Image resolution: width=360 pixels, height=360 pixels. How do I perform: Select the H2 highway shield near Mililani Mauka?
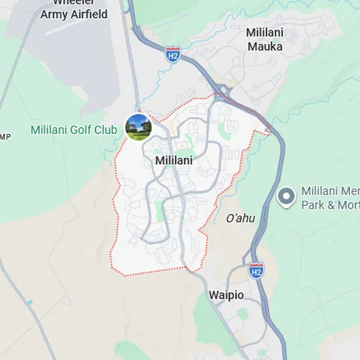(x=172, y=55)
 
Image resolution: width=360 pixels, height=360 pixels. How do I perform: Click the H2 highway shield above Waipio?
(x=256, y=271)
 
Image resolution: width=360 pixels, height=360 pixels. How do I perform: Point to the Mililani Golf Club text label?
(x=74, y=130)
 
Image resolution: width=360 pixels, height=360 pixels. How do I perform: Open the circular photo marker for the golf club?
(x=138, y=127)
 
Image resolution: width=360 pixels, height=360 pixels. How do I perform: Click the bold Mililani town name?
(x=174, y=161)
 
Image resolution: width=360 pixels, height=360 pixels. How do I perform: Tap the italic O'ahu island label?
(x=240, y=218)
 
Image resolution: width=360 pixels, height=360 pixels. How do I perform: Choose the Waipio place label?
(x=228, y=296)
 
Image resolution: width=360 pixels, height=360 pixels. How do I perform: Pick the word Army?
(x=54, y=14)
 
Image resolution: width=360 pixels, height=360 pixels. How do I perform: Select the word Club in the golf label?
(x=105, y=130)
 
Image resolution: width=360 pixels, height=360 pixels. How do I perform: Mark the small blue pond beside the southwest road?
(x=30, y=302)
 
